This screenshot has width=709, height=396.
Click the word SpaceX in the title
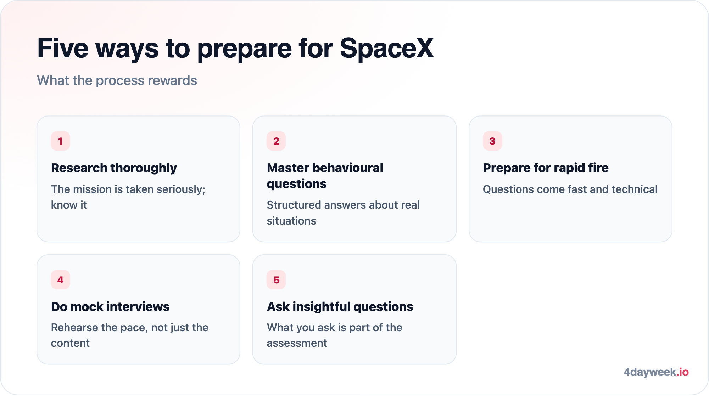click(387, 48)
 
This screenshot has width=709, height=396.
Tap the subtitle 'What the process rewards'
click(117, 80)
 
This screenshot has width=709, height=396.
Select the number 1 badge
click(60, 141)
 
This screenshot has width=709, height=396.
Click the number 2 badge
click(276, 141)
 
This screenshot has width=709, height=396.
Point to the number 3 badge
click(492, 141)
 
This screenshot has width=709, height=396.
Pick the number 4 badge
click(60, 280)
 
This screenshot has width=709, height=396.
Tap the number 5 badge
click(276, 280)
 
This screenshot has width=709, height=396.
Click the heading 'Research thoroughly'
click(114, 168)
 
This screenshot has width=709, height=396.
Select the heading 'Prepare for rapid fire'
click(546, 168)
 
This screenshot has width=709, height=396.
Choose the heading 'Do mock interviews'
click(110, 307)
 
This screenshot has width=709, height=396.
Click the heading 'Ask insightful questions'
click(340, 307)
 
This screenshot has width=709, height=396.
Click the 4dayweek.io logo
click(656, 372)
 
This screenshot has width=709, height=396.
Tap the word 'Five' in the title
click(63, 48)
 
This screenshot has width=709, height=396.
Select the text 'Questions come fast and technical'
click(570, 189)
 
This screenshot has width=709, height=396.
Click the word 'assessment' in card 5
click(297, 343)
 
